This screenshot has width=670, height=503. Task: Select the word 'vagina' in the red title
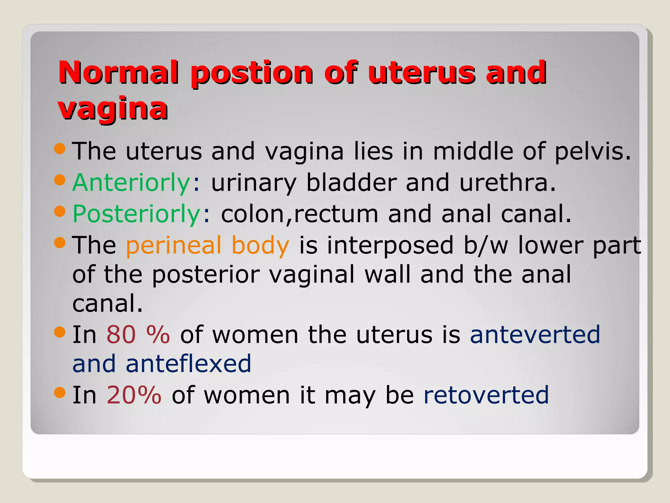pyautogui.click(x=113, y=108)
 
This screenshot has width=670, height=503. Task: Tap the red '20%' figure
pyautogui.click(x=134, y=395)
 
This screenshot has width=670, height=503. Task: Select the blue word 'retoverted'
pyautogui.click(x=486, y=395)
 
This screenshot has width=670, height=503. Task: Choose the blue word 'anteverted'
pyautogui.click(x=535, y=334)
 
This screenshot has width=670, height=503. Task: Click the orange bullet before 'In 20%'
pyautogui.click(x=60, y=392)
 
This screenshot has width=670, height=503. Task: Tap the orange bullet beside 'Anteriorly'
pyautogui.click(x=60, y=179)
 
